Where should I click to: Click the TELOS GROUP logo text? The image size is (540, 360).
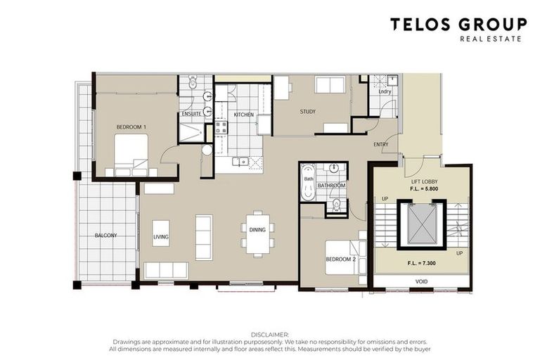458,25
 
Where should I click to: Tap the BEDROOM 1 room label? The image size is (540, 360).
131,127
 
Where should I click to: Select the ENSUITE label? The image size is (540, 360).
191,114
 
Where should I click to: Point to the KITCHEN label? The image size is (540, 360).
244,115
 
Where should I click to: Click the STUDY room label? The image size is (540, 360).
307,112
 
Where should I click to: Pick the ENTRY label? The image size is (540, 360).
381,145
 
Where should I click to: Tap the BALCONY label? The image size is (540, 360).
105,236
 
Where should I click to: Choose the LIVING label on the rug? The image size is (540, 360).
161,237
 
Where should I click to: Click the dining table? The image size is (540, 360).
257,233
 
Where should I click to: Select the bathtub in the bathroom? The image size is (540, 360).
309,183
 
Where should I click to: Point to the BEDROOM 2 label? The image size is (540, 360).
340,259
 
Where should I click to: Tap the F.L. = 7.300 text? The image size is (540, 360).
422,263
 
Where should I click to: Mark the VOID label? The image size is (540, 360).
422,281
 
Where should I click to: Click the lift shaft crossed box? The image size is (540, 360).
422,224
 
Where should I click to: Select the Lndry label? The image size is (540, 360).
385,91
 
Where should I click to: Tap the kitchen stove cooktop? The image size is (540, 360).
221,127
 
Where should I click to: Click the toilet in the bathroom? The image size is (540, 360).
336,205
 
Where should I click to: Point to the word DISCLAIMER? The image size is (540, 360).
270,335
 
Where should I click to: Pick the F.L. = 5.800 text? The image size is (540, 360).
424,188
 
